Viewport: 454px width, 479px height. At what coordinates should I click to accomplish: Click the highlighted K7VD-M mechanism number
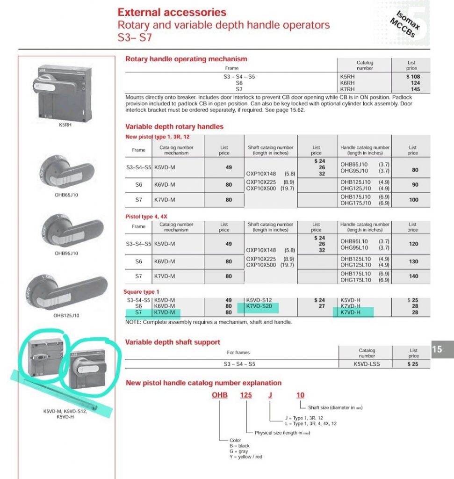(164, 312)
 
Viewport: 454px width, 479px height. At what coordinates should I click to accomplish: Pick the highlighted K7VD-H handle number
(350, 312)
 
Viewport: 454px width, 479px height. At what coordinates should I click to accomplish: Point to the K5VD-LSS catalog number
(367, 363)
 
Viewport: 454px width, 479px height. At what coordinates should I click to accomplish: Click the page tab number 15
(437, 349)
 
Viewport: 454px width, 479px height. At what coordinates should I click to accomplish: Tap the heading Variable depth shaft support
(173, 342)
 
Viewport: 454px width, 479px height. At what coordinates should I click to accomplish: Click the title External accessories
(172, 12)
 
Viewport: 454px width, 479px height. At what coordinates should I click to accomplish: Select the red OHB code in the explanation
(219, 395)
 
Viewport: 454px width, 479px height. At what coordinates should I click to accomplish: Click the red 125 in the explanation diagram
(246, 395)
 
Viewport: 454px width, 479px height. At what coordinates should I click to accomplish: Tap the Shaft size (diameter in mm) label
(335, 407)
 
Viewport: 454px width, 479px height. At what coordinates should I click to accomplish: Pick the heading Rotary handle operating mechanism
(186, 59)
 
